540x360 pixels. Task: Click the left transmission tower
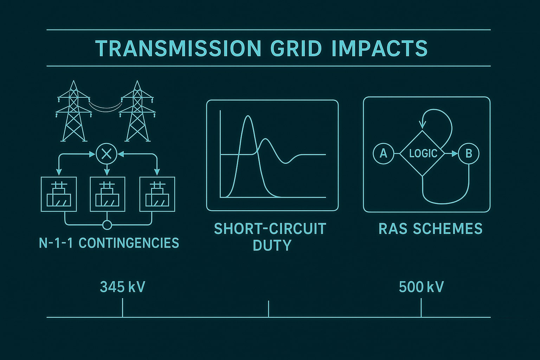(74, 111)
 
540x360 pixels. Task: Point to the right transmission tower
(137, 111)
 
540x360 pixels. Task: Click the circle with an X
(107, 154)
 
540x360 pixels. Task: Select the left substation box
(59, 194)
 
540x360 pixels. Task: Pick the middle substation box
(108, 194)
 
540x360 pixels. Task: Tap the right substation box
(157, 194)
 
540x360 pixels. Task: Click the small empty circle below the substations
(107, 225)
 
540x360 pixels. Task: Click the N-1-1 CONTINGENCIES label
(109, 243)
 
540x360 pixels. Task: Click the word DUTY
(272, 245)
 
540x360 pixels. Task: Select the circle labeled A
(383, 154)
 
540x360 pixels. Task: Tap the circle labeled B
(469, 154)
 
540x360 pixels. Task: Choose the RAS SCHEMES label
(431, 229)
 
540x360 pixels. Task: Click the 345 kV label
(122, 287)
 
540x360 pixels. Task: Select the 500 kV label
(421, 287)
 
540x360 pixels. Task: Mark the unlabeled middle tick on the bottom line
(268, 309)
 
